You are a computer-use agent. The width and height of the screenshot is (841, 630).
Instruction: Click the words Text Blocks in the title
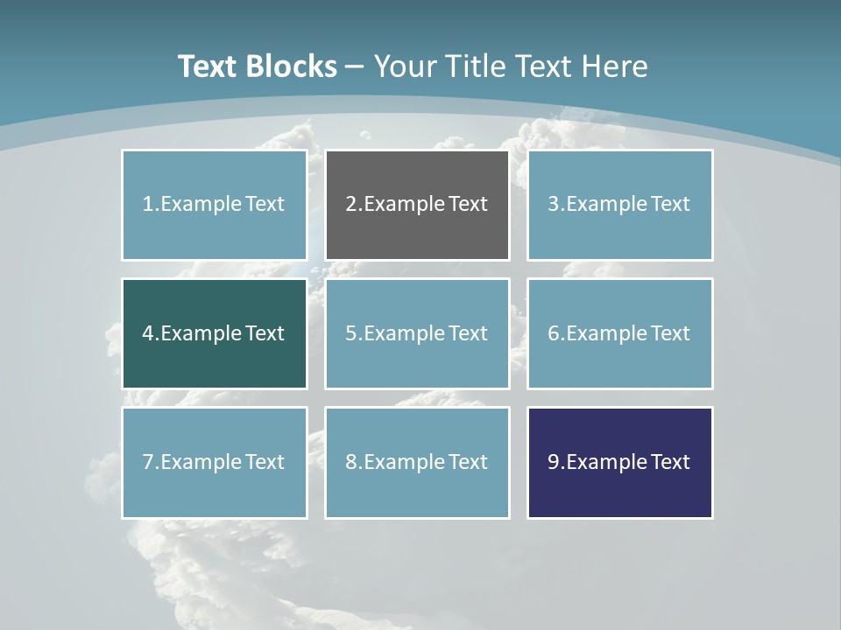point(257,66)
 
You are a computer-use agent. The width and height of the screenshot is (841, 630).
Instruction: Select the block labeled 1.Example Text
point(214,205)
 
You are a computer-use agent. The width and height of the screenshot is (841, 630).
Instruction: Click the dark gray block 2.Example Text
point(417,205)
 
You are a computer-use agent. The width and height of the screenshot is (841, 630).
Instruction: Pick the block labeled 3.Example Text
point(619,205)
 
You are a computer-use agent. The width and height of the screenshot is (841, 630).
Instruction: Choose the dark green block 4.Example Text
point(214,333)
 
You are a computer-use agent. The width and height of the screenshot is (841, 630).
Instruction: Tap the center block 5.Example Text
point(417,333)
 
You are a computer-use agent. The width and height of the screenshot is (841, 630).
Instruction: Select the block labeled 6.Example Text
point(619,333)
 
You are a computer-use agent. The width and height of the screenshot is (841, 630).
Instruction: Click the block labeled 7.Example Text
point(214,462)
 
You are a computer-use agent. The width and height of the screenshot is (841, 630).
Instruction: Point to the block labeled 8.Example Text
point(417,462)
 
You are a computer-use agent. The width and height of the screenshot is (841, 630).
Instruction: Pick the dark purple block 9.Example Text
point(619,462)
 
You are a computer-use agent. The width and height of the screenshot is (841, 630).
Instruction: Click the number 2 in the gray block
point(350,205)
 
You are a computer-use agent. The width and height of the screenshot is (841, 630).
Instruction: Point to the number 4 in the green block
point(148,333)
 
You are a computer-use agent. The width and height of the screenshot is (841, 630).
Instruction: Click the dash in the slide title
point(355,66)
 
